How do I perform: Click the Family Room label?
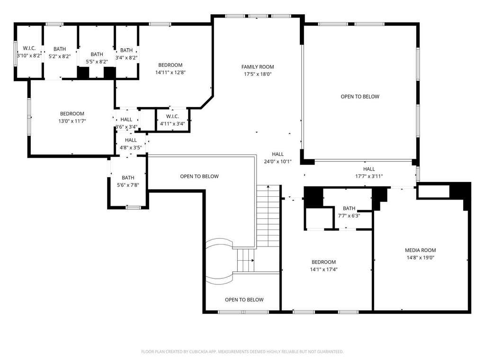point(257,66)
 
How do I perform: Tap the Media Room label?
point(421,250)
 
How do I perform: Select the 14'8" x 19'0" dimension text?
point(421,257)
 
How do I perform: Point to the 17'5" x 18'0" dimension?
point(257,74)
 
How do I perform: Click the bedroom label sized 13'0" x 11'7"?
point(72,114)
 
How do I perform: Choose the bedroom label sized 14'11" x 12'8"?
point(170,65)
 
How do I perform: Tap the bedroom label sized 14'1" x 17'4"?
point(323,262)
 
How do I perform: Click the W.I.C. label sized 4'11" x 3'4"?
point(172,117)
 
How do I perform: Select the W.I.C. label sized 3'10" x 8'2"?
point(29,48)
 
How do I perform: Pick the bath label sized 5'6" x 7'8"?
point(128,178)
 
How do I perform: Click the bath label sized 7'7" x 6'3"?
point(349,209)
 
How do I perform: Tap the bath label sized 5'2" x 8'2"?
point(59,49)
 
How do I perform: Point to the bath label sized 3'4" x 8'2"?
point(126,50)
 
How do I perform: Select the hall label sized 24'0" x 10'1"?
point(278,154)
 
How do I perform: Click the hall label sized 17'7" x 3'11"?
point(368,169)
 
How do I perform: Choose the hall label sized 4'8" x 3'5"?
point(131,140)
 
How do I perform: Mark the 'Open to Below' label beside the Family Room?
point(360,97)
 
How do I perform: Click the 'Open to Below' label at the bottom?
point(244,300)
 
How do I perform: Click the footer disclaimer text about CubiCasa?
point(242,352)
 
